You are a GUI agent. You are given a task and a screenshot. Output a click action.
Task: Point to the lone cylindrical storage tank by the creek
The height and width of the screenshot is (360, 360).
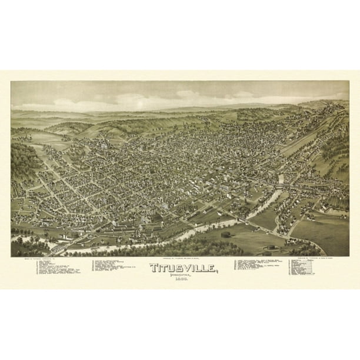click(225, 235)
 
